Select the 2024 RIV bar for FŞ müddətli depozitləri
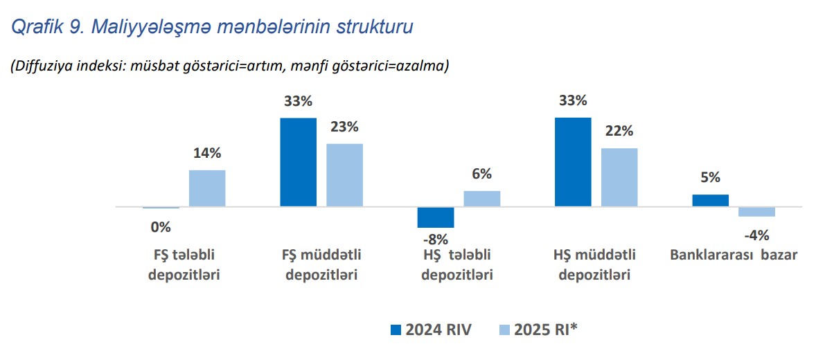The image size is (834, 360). click(x=298, y=162)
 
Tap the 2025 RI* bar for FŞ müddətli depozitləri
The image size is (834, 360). click(x=344, y=175)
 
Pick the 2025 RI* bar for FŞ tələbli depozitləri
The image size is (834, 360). click(x=207, y=188)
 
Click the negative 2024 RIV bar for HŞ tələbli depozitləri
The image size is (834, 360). click(x=436, y=217)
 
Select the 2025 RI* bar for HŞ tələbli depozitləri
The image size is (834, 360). click(x=481, y=199)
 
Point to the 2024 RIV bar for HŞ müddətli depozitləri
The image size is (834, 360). click(x=574, y=162)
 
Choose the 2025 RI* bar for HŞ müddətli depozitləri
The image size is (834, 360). click(x=619, y=177)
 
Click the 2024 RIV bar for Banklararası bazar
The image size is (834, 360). click(x=710, y=200)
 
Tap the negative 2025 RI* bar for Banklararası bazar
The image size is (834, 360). click(x=756, y=212)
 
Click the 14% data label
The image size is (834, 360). click(x=207, y=154)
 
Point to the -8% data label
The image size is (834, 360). click(x=435, y=240)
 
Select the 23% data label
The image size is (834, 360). click(x=344, y=127)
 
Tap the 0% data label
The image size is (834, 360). click(x=161, y=226)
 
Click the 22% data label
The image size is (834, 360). click(x=619, y=132)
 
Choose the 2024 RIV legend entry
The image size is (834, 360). click(x=432, y=330)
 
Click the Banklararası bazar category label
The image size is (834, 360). click(x=734, y=255)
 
